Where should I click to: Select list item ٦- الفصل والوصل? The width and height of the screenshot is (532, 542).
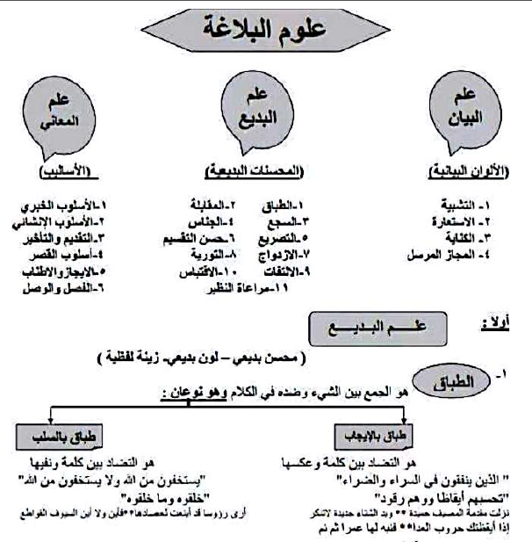click(64, 286)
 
